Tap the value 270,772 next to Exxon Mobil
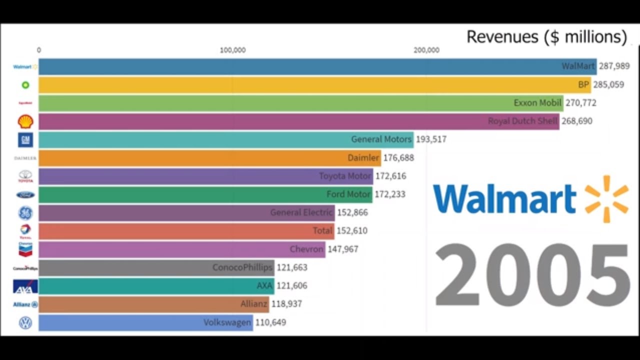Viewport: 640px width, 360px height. coord(580,103)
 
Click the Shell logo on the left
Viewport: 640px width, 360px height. coord(25,121)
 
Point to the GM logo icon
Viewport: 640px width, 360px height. coord(25,139)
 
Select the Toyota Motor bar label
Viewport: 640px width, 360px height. coord(344,176)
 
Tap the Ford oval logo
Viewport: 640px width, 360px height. coord(25,194)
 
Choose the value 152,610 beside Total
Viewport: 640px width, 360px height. coord(351,230)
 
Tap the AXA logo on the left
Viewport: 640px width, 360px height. coord(25,286)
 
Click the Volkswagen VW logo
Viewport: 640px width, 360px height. coord(25,322)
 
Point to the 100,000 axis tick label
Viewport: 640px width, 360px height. coord(232,50)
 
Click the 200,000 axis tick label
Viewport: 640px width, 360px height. coord(426,50)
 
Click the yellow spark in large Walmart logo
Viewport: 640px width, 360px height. coord(606,198)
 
